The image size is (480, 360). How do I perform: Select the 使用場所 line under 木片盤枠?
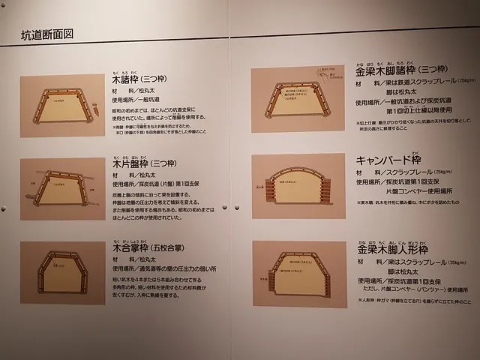coord(160,183)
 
